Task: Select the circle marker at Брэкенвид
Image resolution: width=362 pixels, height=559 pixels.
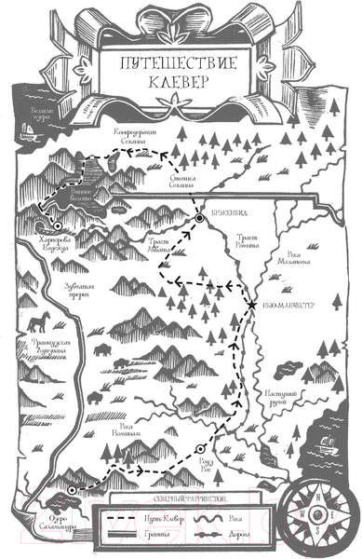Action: click(199, 219)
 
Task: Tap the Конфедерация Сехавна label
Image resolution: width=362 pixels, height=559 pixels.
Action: click(140, 136)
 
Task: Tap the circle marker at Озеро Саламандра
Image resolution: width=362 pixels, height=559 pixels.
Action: click(70, 492)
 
